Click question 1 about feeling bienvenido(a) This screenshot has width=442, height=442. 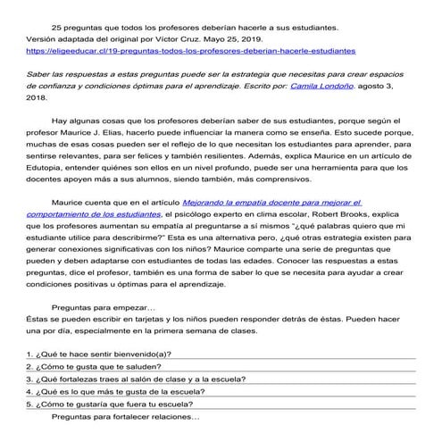[99, 353]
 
